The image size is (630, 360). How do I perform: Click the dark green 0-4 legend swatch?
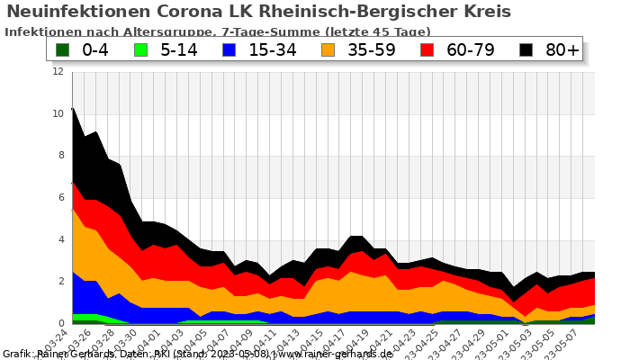[63, 49]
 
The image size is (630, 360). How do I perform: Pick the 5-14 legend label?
[178, 49]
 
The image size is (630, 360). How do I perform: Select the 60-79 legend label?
[471, 49]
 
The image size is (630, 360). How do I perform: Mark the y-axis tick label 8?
[60, 156]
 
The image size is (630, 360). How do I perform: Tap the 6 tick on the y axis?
[60, 198]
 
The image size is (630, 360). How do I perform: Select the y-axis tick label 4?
[60, 239]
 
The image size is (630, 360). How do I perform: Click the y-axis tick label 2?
[60, 282]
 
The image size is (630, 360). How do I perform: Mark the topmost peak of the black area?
[73, 108]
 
